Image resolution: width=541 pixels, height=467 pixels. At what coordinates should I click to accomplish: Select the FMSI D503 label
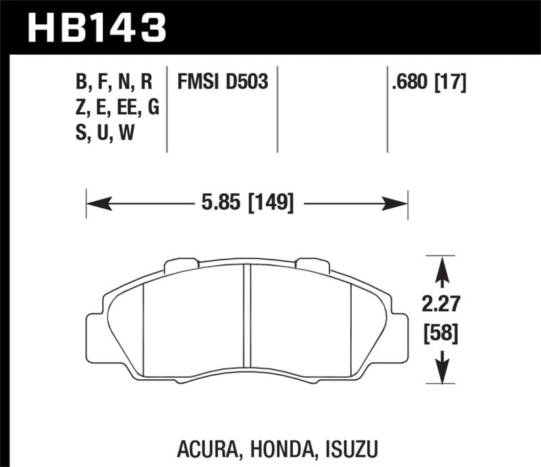223,82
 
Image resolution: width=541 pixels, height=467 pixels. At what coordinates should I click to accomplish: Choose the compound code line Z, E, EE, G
118,108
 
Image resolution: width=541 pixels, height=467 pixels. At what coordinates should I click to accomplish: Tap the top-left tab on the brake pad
178,265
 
